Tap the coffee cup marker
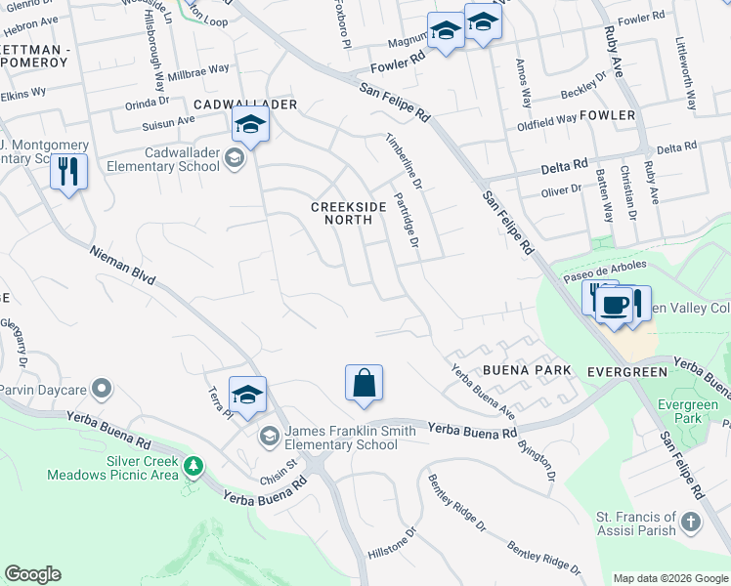click(614, 304)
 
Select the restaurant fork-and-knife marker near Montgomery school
click(68, 173)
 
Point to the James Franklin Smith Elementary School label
click(342, 438)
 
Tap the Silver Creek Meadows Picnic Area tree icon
click(194, 466)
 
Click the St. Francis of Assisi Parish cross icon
click(691, 522)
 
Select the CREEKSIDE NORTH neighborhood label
click(342, 213)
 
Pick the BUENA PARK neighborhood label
click(526, 371)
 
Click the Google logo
click(32, 574)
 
